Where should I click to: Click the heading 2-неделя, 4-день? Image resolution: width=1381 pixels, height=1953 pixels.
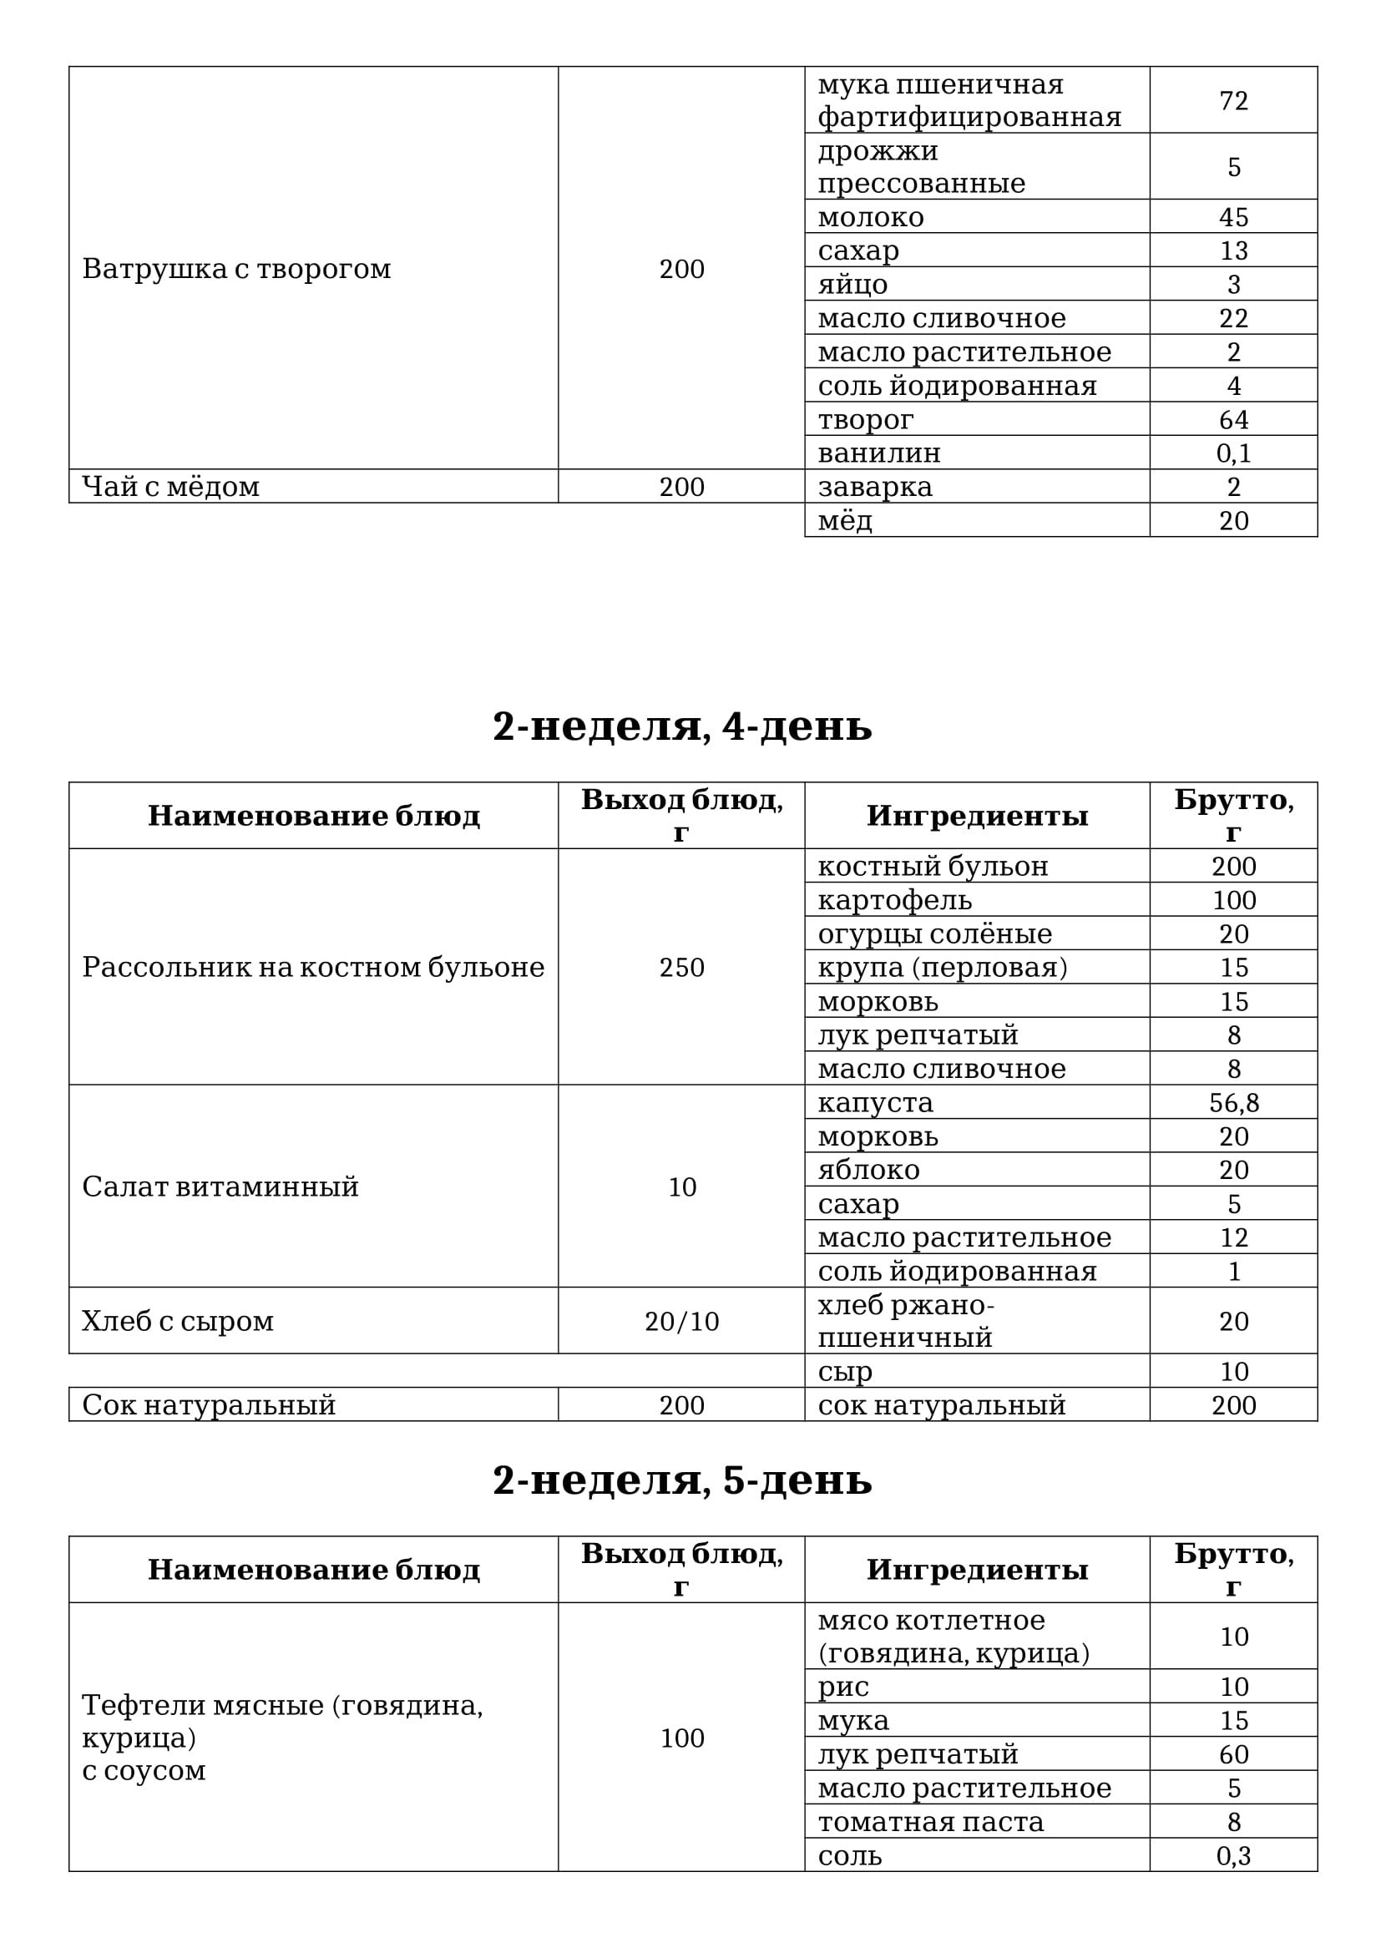point(682,726)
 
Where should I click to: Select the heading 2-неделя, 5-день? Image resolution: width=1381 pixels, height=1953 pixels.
point(682,1480)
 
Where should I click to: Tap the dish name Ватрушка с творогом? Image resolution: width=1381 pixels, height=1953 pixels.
point(236,269)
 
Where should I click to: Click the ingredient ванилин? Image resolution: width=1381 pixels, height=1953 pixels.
point(879,453)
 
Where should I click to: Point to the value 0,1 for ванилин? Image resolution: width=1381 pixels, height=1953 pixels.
point(1233,453)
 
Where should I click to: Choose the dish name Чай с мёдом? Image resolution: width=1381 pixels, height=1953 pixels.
point(171,487)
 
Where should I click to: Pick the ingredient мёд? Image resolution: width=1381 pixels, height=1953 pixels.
point(845,519)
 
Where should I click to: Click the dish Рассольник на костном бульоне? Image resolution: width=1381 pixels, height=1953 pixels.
point(313,967)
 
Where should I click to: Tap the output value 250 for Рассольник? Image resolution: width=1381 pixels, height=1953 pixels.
point(682,967)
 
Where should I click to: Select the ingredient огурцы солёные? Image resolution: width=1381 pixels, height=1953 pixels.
point(934,933)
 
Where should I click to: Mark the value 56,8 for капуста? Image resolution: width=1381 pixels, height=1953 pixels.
point(1233,1102)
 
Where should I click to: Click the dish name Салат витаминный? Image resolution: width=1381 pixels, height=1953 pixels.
point(220,1186)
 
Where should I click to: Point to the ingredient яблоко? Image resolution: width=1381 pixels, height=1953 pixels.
point(868,1170)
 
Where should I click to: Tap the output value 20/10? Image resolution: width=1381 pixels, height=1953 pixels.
point(682,1320)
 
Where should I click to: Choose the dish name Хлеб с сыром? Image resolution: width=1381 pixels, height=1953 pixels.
point(178,1320)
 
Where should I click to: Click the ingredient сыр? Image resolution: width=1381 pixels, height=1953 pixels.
point(845,1370)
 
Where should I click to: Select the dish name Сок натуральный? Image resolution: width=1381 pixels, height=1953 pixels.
point(209,1404)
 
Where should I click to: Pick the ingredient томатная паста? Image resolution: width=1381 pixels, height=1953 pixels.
point(930,1821)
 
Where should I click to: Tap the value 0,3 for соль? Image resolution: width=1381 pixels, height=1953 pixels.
point(1233,1855)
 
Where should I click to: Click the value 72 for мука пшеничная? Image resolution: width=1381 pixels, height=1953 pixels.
point(1233,100)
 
